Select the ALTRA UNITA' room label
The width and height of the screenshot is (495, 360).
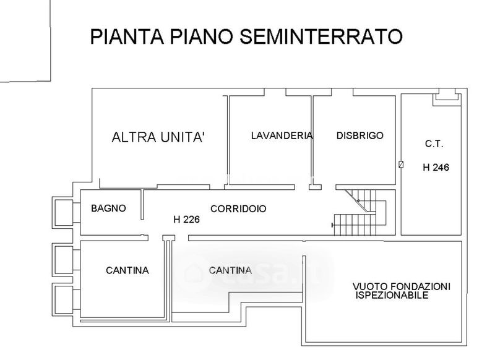158,137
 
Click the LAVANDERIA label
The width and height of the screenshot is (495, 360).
282,135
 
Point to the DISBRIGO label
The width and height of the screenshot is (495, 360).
360,135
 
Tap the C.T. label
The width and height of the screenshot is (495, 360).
434,144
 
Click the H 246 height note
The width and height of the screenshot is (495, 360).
436,167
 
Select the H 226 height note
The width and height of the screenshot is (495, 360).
186,219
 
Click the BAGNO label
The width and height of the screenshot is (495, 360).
108,208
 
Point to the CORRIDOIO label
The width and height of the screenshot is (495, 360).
238,209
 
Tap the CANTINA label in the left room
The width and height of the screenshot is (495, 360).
127,270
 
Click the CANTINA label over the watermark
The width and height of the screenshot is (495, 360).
230,270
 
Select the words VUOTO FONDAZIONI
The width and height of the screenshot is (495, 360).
402,287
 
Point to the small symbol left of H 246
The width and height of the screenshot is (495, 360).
401,165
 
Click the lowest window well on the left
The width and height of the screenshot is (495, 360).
63,299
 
